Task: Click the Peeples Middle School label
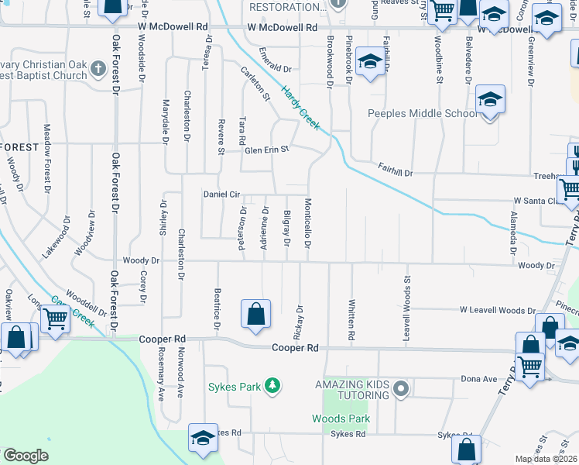pyautogui.click(x=423, y=113)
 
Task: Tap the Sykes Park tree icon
pyautogui.click(x=272, y=385)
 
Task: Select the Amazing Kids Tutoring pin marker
pyautogui.click(x=400, y=388)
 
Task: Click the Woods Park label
pyautogui.click(x=341, y=418)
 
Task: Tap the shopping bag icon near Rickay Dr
pyautogui.click(x=256, y=315)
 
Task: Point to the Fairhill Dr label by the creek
pyautogui.click(x=396, y=166)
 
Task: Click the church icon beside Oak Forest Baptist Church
pyautogui.click(x=97, y=69)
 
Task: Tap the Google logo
pyautogui.click(x=26, y=455)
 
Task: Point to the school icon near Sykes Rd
pyautogui.click(x=203, y=438)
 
